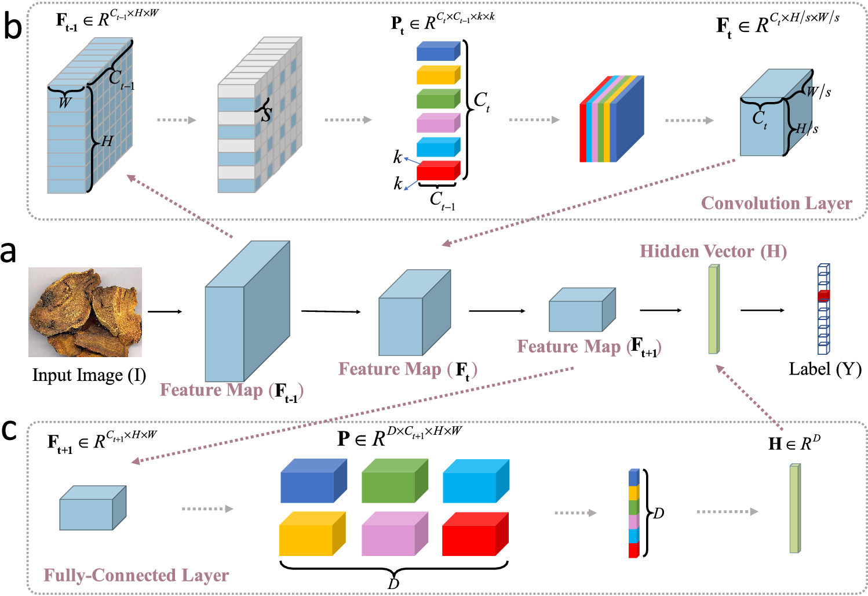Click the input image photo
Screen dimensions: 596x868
coord(85,312)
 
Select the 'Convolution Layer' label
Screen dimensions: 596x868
coord(776,203)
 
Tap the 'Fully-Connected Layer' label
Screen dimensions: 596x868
coord(136,575)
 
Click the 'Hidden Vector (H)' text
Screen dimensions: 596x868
coord(713,252)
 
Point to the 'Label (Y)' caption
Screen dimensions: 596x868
coord(825,369)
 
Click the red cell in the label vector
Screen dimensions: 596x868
coord(823,296)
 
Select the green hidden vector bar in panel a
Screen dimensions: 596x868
coord(713,309)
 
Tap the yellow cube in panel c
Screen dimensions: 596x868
coord(312,534)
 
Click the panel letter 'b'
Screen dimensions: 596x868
coord(12,27)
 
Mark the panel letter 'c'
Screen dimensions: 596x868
coord(9,430)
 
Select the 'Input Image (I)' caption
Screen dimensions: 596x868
coord(89,375)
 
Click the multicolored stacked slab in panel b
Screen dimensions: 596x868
coord(611,119)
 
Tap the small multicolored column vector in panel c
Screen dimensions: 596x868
coord(633,514)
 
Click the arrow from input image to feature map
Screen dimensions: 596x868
coord(165,312)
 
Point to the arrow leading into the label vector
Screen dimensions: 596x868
coord(763,310)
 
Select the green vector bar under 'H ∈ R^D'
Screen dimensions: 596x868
coord(794,508)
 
